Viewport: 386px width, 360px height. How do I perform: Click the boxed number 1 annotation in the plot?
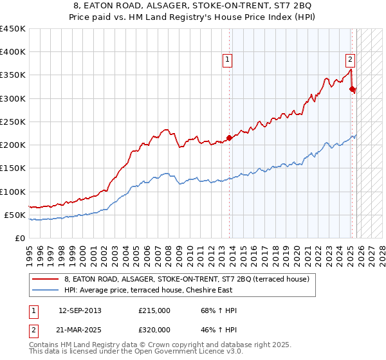pos(228,60)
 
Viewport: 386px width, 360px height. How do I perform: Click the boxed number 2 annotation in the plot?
pos(350,60)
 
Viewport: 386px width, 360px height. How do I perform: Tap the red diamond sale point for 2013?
pos(229,138)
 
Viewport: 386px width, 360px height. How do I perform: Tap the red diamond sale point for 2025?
pos(352,89)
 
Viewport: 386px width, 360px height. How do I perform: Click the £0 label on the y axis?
pos(20,238)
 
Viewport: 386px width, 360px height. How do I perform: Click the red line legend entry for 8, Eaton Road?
pos(187,279)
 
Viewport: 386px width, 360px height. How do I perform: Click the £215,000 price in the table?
pos(155,310)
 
